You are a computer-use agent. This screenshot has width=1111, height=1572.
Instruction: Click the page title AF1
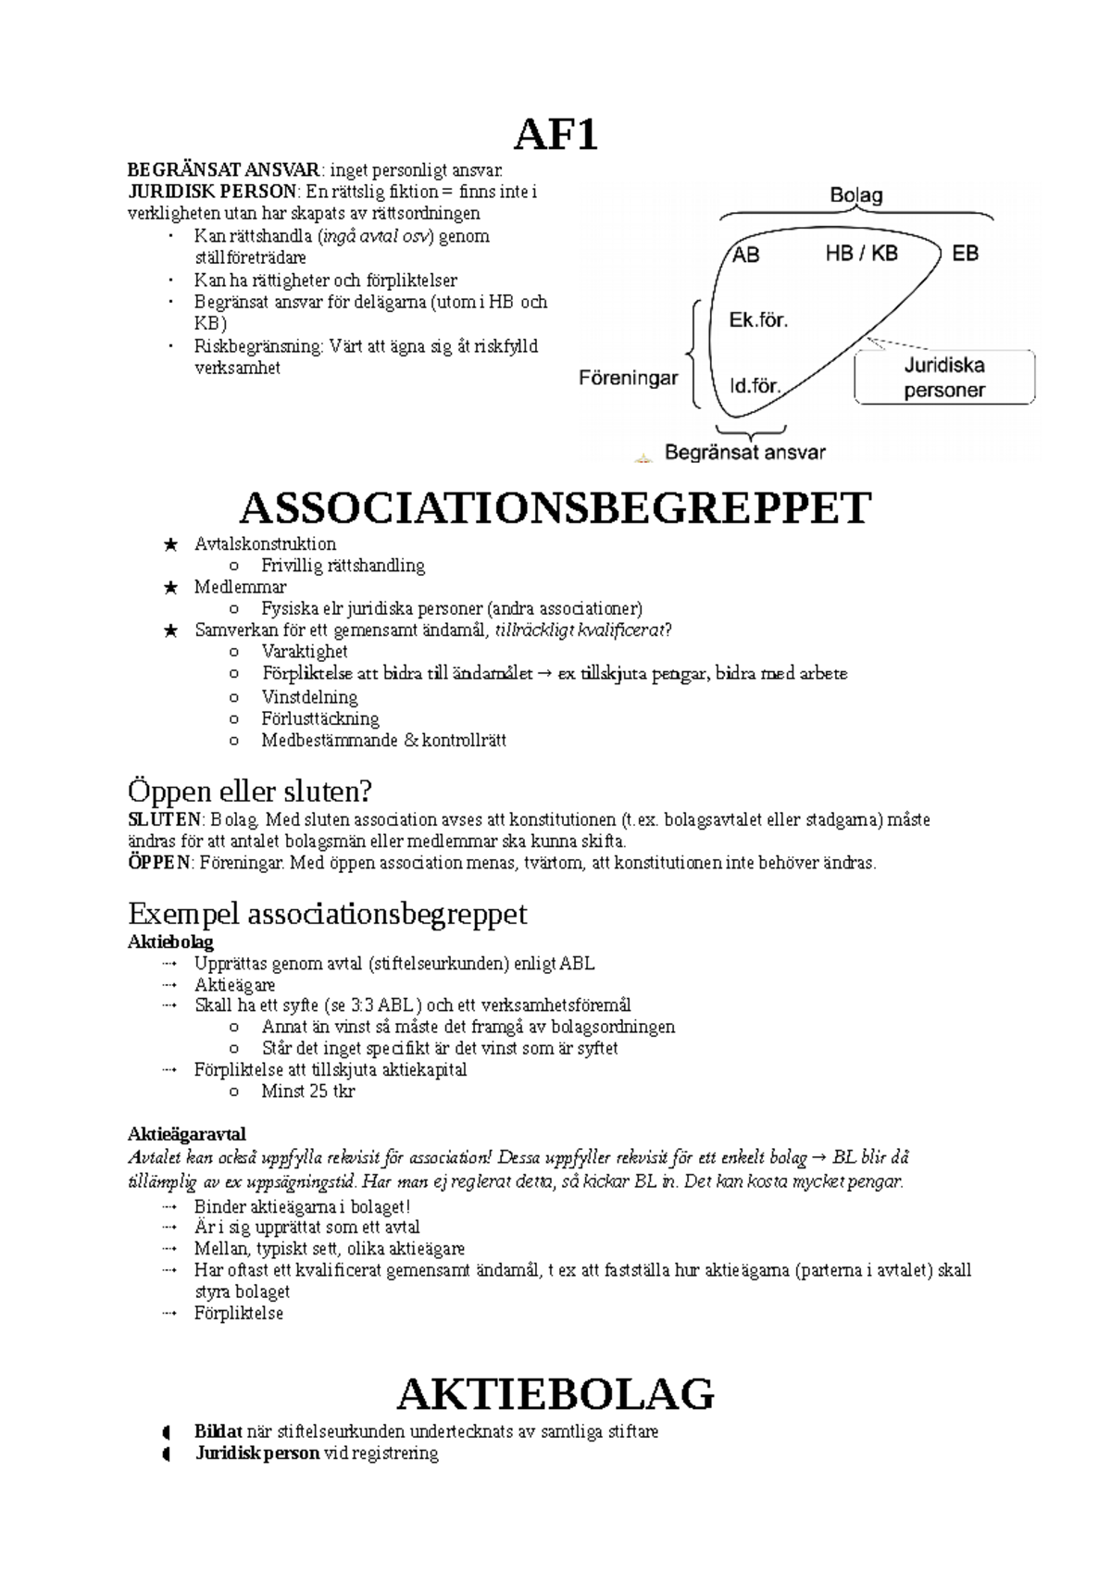[x=555, y=136]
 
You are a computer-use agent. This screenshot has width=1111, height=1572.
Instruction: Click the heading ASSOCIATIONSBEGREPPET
[x=555, y=508]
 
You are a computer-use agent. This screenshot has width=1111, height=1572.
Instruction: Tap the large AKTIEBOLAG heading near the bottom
[x=555, y=1393]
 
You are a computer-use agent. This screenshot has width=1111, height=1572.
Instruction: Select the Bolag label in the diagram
[x=855, y=195]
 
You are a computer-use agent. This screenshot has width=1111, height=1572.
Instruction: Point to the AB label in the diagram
[x=746, y=255]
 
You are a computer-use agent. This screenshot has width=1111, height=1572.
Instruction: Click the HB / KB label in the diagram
[x=861, y=253]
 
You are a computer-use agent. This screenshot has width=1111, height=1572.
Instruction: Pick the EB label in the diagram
[x=965, y=253]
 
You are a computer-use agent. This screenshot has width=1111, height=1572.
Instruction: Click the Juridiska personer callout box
[x=943, y=378]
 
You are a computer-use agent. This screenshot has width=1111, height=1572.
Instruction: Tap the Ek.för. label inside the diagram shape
[x=758, y=320]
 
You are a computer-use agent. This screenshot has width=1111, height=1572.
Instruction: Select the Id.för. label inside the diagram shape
[x=755, y=385]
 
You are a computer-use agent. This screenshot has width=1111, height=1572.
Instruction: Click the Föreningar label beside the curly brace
[x=629, y=378]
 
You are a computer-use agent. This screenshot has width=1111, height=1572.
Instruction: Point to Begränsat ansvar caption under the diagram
[x=744, y=453]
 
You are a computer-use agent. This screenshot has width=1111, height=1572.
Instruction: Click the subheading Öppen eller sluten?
[x=249, y=792]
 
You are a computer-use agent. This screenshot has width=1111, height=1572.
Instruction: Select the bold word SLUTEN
[x=164, y=819]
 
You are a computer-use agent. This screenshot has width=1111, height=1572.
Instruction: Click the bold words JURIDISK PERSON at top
[x=213, y=192]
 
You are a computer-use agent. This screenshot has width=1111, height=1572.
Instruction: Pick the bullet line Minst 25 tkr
[x=307, y=1091]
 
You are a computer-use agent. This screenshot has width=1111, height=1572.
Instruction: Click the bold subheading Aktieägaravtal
[x=186, y=1134]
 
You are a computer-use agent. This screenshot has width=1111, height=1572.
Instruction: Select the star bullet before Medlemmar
[x=169, y=588]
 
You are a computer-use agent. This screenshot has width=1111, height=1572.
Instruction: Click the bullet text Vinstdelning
[x=309, y=697]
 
